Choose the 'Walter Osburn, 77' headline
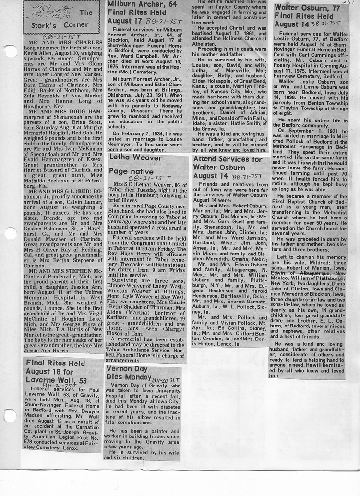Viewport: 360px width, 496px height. [311, 7]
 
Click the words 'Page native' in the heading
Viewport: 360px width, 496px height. [131, 171]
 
